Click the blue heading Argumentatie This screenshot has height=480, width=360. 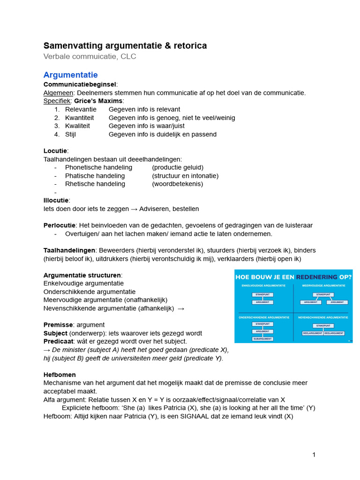(70, 75)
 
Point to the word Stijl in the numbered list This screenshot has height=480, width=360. (70, 135)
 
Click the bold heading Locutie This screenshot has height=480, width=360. (55, 150)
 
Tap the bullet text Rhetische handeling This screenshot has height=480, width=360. (95, 184)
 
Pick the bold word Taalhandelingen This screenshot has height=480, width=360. (69, 250)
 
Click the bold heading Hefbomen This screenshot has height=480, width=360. (60, 375)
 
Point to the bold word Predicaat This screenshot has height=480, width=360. (59, 341)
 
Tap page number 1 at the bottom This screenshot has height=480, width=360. (314, 455)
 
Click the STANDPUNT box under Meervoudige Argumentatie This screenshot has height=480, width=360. (322, 294)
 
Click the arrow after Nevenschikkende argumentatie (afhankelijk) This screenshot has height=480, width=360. (181, 308)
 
